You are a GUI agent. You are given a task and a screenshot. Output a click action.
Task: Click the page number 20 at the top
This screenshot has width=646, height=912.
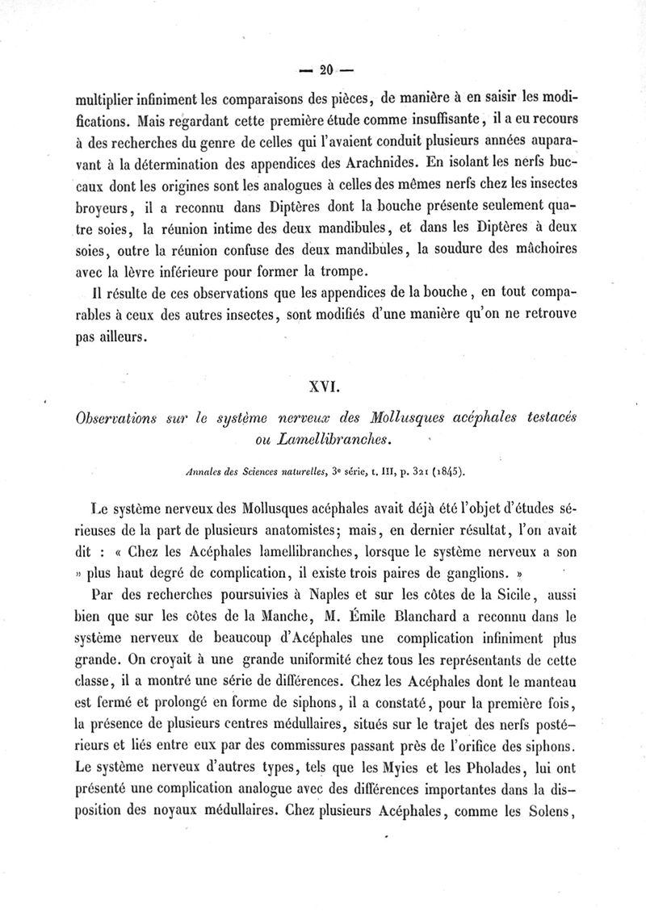pos(326,69)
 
